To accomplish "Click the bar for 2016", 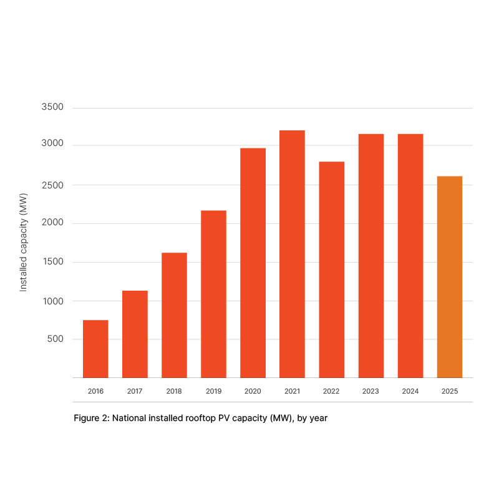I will click(x=95, y=349).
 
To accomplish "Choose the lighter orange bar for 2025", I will click(x=449, y=277).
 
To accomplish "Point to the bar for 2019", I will click(x=213, y=294).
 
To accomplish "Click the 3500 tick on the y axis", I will click(x=53, y=107).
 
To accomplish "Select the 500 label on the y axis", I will click(x=56, y=339).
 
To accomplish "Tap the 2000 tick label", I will click(x=53, y=223).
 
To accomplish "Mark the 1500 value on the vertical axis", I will click(x=53, y=262).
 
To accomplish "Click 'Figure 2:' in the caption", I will click(x=92, y=419).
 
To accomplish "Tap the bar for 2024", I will click(x=410, y=255).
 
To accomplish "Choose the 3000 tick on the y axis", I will click(x=53, y=145).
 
